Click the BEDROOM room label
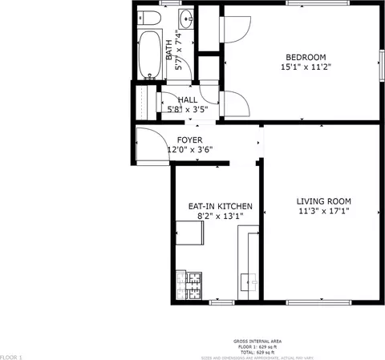(306, 57)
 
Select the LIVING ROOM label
(323, 201)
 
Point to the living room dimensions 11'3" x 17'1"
(323, 212)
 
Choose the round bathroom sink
(186, 18)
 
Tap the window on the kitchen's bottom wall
(221, 302)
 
